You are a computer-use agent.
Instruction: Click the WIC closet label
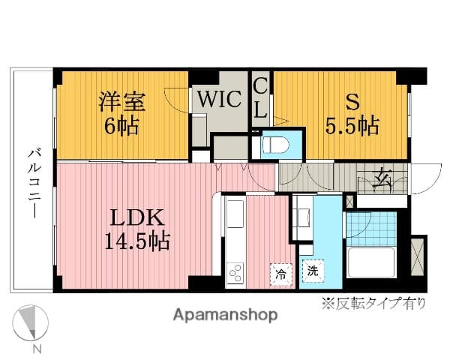218,99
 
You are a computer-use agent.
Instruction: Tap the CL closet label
259,98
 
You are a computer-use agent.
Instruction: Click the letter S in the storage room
350,100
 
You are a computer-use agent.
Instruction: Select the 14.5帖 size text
138,241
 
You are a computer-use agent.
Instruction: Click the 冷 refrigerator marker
279,274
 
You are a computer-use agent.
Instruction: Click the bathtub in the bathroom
373,265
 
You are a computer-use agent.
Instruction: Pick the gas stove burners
235,272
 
